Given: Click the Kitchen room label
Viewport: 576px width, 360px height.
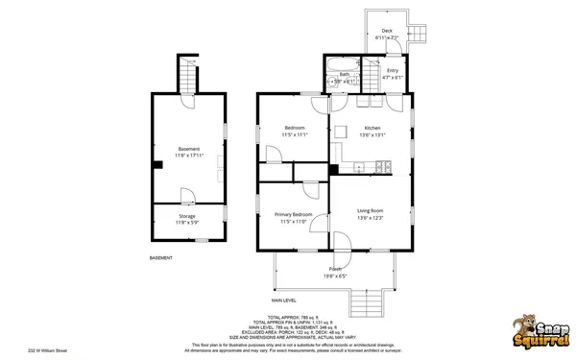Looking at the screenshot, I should [372, 128].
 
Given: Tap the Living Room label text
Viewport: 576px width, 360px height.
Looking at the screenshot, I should [371, 210].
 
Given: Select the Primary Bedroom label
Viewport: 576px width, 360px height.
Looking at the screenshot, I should [293, 214].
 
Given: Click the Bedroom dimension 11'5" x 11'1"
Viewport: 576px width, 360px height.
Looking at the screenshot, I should [294, 135].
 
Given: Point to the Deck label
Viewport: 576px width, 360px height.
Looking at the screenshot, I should [387, 31].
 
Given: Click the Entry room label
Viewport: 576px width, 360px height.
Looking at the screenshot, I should [393, 70].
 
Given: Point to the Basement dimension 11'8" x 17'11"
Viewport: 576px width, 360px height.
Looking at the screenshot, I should [189, 156].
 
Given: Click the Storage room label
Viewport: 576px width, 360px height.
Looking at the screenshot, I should [187, 216].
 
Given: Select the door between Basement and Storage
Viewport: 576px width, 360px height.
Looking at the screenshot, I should [189, 196].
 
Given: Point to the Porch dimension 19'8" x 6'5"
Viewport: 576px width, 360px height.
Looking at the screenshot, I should [335, 276].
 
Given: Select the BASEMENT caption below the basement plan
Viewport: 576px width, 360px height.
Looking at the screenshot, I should [161, 257].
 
